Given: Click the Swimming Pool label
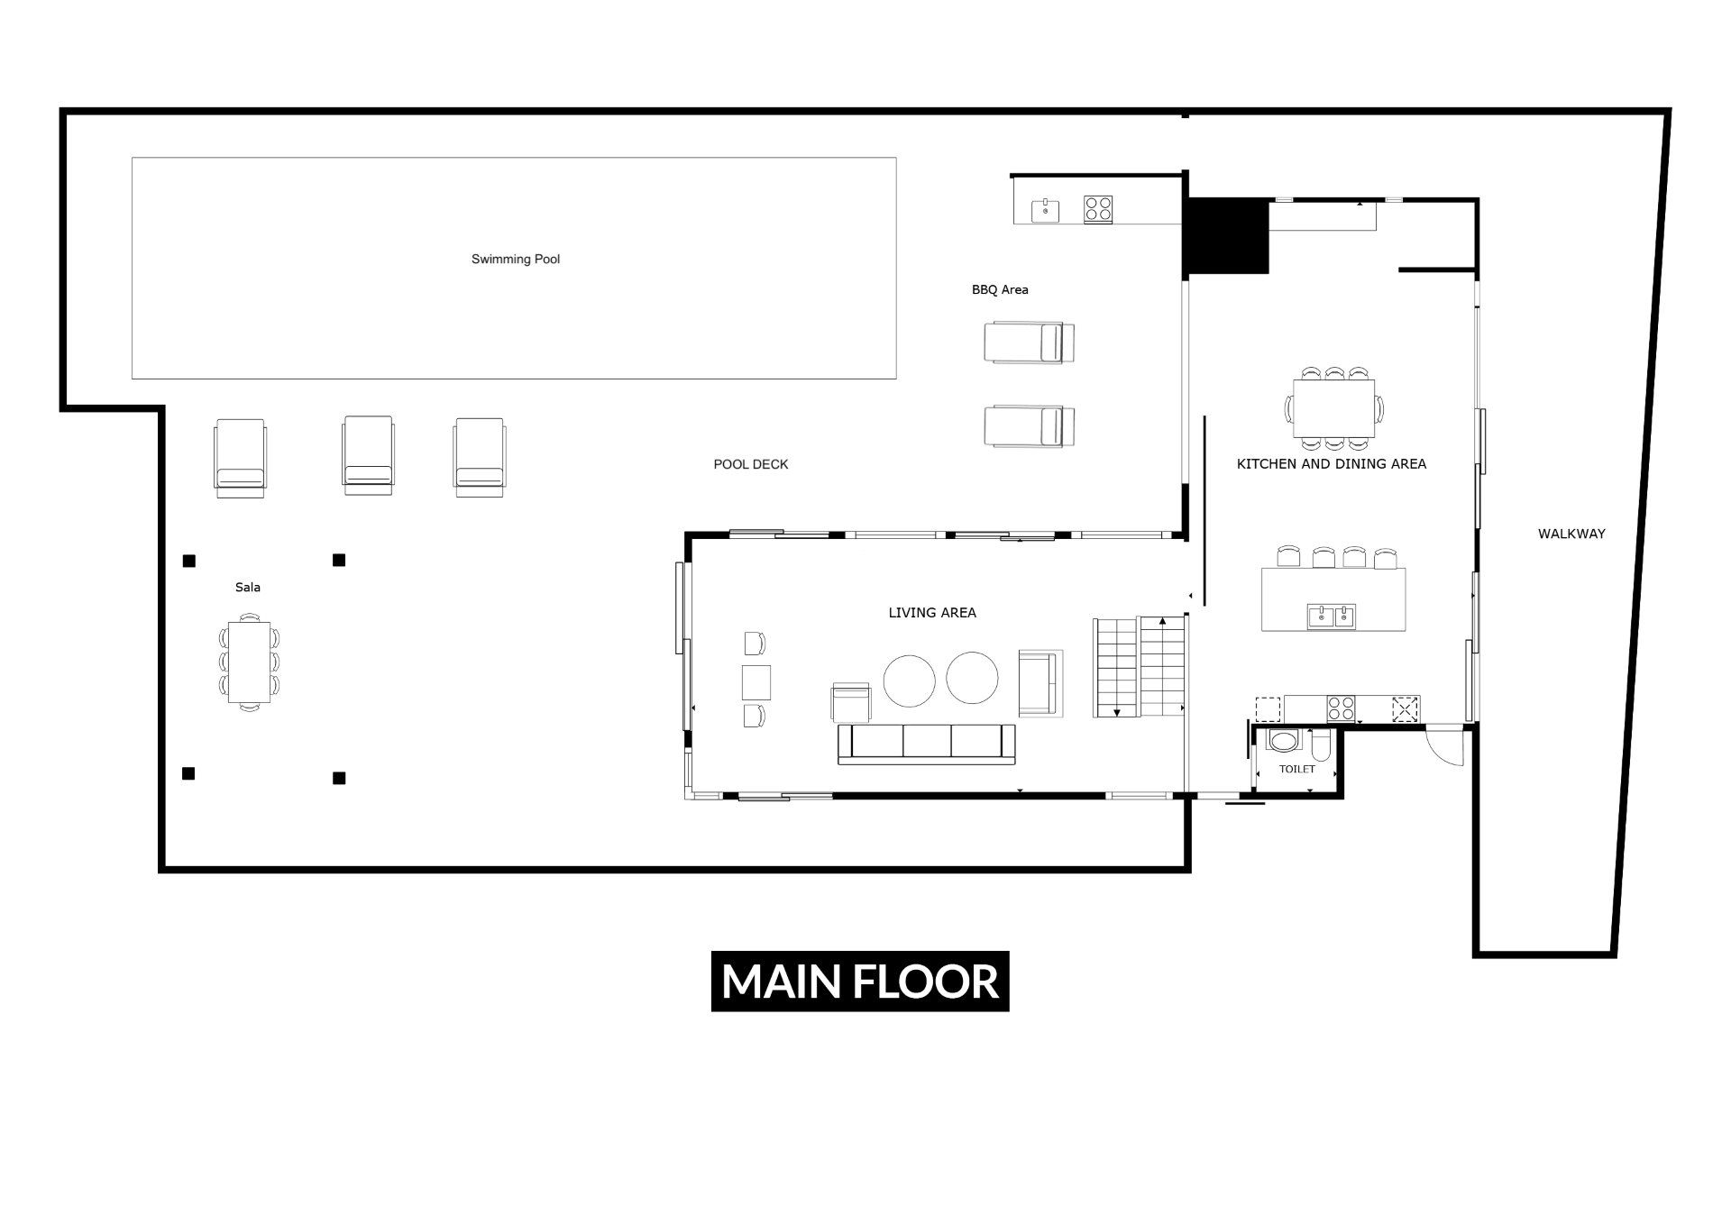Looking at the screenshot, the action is pos(516,260).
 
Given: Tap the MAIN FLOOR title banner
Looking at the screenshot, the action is pos(860,981).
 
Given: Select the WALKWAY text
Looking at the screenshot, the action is pos(1571,534).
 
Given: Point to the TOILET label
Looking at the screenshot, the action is pos(1297,769).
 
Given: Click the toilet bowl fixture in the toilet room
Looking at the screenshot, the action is pos(1283,741).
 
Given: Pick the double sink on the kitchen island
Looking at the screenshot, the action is pos(1332,617).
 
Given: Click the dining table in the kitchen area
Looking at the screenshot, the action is pos(1334,408).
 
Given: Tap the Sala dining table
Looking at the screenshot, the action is pos(249,662).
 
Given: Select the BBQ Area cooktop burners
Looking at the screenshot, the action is pos(1098,209).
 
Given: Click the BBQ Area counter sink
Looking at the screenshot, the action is pos(1045,211).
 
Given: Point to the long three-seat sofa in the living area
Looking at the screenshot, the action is pos(927,744).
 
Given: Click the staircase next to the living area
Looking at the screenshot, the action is pos(1139,667).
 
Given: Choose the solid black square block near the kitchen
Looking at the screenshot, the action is pos(1226,236).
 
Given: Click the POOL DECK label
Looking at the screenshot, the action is pos(751,464).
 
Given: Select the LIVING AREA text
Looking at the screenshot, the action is pos(932,613).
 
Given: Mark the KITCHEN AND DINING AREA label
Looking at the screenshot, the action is pos(1332,464).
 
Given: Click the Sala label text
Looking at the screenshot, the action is pos(248,588).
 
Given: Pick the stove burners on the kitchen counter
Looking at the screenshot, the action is pos(1341,708).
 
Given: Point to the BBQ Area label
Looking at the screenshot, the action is pos(1000,290).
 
